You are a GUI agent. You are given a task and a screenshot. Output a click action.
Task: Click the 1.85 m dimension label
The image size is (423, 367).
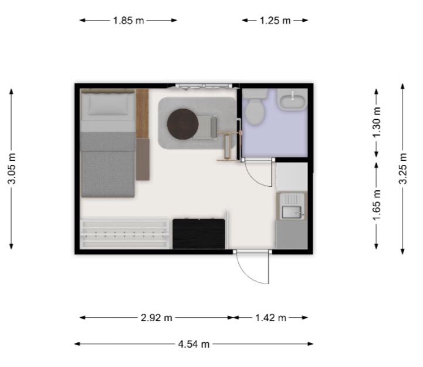[x=128, y=21]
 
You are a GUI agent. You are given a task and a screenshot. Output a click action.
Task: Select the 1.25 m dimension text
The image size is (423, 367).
[x=275, y=21]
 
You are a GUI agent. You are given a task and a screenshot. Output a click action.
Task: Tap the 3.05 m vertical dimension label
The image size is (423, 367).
[x=12, y=169]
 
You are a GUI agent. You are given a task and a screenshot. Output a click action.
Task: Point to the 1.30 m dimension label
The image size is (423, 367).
[x=377, y=122]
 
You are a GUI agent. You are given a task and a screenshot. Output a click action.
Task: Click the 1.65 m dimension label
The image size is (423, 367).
[x=377, y=206]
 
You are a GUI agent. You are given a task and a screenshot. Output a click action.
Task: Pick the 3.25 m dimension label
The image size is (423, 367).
[x=403, y=169]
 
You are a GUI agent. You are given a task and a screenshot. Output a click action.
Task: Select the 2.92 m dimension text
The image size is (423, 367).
[x=157, y=318]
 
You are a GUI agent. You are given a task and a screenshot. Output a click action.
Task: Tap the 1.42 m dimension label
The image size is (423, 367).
[x=271, y=318]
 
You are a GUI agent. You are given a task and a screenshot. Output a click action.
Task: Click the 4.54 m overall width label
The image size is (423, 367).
[x=194, y=344]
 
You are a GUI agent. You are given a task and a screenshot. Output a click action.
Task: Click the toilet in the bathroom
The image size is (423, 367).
[x=255, y=107]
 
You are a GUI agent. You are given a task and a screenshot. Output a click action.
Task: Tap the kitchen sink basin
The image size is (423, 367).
[x=292, y=212]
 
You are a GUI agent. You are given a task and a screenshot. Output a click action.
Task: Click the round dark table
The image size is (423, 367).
[x=183, y=124]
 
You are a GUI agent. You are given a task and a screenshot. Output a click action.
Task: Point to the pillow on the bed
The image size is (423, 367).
[x=109, y=105]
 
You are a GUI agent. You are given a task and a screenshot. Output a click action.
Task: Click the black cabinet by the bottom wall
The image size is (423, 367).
[x=199, y=234]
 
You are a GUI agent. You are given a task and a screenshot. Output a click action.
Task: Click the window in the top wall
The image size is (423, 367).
[x=204, y=86]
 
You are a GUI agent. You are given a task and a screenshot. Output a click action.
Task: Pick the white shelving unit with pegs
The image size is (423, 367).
[x=124, y=234]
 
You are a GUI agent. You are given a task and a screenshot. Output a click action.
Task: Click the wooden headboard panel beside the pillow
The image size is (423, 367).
[x=143, y=114]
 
